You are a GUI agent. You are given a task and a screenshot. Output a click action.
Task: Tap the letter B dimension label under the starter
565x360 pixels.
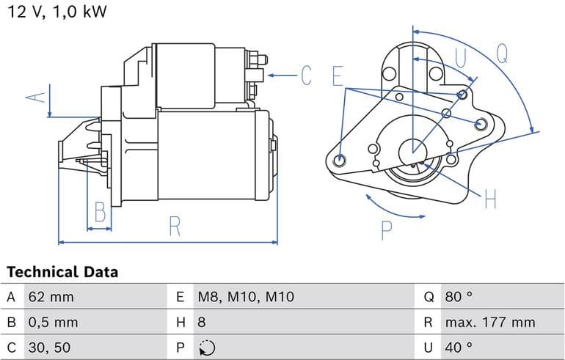[100, 213]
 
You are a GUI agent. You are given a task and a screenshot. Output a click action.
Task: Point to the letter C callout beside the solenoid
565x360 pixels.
[305, 76]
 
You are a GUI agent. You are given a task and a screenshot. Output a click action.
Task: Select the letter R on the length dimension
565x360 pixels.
[174, 226]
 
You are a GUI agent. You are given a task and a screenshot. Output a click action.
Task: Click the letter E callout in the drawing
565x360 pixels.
[337, 76]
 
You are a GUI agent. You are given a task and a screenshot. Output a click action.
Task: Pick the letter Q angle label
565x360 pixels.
[502, 52]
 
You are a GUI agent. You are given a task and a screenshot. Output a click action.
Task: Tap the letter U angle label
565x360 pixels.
[461, 59]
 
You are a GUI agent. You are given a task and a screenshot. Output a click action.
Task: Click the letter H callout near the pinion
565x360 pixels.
[490, 198]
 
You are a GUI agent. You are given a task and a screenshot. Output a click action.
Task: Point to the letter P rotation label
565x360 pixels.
[386, 230]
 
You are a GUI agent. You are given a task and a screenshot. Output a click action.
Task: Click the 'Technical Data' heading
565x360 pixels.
[62, 272]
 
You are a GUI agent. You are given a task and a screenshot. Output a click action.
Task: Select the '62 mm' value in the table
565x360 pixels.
[51, 297]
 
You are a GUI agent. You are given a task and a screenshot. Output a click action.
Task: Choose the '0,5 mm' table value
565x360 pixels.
[54, 322]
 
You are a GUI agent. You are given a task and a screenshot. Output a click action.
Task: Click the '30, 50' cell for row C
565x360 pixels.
[48, 347]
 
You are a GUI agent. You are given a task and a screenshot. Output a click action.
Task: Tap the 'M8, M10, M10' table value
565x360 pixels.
[245, 297]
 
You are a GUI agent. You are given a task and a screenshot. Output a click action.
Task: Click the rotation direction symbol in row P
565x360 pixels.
[207, 347]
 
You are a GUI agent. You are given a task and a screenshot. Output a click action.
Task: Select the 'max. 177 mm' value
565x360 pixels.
[489, 322]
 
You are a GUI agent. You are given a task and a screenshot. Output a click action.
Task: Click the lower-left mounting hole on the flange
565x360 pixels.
[339, 160]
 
